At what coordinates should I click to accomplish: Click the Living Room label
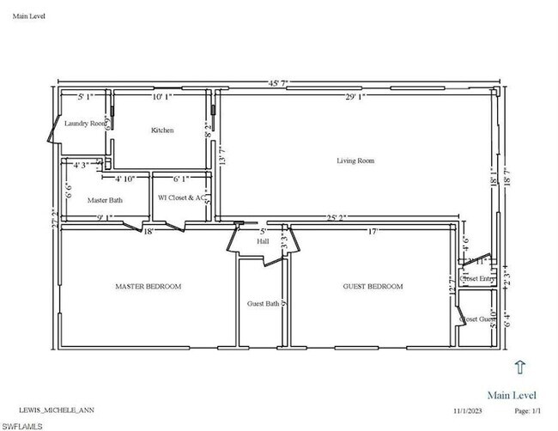(x=355, y=161)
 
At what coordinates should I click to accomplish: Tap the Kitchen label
(x=162, y=131)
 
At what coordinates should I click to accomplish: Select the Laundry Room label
(x=86, y=124)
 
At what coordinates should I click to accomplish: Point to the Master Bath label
(x=105, y=200)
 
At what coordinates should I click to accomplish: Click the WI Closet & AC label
(x=181, y=197)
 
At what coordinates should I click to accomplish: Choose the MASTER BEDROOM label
(x=149, y=286)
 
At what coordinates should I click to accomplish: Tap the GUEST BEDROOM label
(x=373, y=286)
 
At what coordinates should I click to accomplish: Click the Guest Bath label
(x=263, y=303)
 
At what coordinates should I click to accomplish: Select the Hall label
(x=264, y=242)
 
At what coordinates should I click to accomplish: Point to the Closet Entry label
(x=477, y=278)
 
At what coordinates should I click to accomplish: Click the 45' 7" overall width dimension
(x=280, y=82)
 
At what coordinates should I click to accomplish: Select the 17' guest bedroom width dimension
(x=372, y=230)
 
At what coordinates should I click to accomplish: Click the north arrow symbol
(x=519, y=367)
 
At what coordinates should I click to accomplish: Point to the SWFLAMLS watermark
(x=23, y=424)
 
